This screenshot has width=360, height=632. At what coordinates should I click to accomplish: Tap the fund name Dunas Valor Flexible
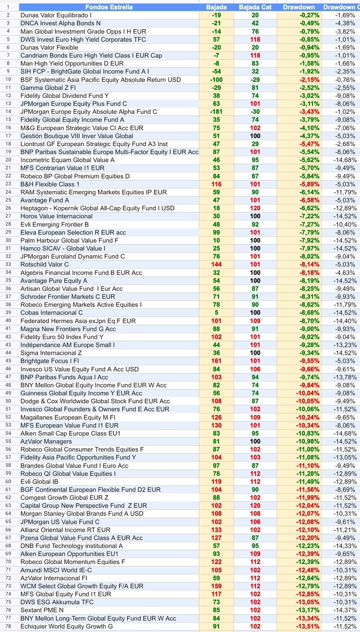coord(52,47)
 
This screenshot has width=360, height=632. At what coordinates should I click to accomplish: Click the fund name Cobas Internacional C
coord(51,313)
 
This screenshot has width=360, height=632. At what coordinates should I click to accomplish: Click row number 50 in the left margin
coord(8,401)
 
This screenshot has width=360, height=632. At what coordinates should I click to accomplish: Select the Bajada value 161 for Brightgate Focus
coord(216,361)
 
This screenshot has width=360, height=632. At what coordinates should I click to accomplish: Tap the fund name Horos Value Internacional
coord(56,216)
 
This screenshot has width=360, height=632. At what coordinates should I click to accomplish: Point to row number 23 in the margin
coord(8,184)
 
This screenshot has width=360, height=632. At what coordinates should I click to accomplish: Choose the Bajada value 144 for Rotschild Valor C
coord(216,265)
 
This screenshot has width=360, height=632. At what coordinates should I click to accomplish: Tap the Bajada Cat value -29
coord(256,80)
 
